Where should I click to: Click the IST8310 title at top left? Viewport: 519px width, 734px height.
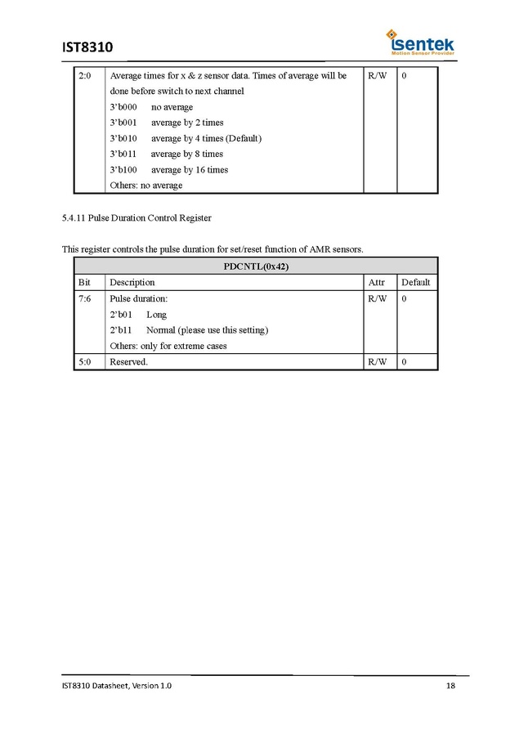pos(87,47)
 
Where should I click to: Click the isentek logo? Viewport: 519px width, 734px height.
pos(421,43)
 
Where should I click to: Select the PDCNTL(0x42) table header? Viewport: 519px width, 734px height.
pos(256,266)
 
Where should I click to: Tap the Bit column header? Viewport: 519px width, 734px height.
pos(84,283)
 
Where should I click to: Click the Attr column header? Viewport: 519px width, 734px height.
pos(377,283)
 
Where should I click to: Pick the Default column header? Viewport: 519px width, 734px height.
pos(415,283)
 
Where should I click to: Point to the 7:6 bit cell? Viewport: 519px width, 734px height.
pos(85,299)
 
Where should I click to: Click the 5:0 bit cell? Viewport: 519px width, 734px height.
pos(85,362)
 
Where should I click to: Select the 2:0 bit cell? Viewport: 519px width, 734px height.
pos(85,76)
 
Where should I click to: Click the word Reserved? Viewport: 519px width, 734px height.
pos(128,362)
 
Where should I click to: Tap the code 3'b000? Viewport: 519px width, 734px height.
pos(123,107)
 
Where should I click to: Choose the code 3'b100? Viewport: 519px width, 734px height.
pos(123,170)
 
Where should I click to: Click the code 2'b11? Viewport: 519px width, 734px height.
pos(121,330)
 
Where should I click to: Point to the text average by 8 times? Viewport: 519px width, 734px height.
pos(186,154)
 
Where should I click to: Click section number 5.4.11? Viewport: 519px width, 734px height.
pos(74,219)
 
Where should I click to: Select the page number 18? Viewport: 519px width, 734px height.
pos(450,686)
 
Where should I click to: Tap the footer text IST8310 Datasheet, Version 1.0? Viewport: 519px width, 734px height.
pos(117,686)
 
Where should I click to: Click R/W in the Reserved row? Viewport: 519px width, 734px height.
pos(377,362)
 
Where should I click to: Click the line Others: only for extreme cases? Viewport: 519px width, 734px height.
pos(168,346)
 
